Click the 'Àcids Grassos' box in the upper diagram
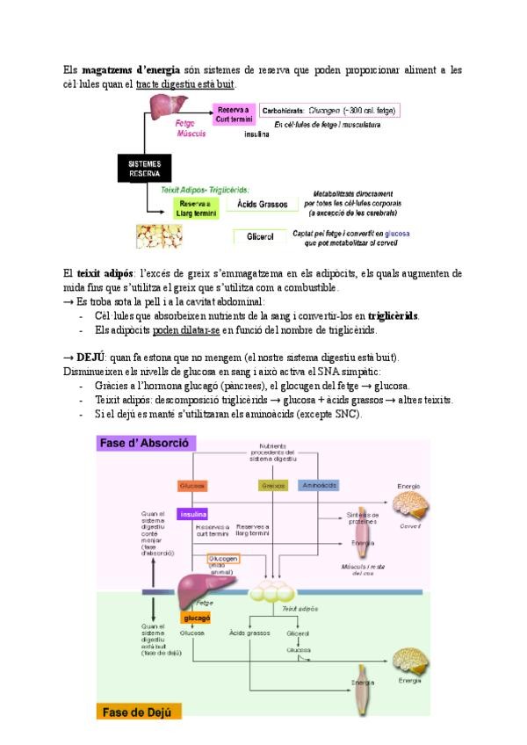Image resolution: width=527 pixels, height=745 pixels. (263, 204)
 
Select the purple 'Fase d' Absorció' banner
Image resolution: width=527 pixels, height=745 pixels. (145, 444)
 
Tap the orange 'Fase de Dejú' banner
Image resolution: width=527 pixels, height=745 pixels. (140, 712)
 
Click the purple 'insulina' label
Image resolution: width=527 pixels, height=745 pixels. (192, 514)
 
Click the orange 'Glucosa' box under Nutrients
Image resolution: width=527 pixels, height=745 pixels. (192, 485)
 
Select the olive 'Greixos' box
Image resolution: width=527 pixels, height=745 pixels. (272, 485)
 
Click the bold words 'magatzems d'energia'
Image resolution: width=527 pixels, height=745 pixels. (123, 69)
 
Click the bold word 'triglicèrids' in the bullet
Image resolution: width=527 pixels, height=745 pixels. (393, 315)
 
